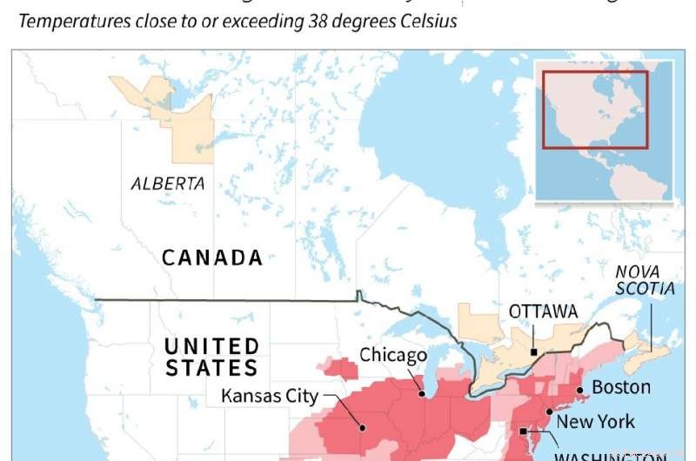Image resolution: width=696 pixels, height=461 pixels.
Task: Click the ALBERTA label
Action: [168, 184]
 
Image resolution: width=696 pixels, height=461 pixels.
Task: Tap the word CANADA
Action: [212, 257]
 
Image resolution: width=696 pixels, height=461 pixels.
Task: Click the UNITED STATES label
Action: [211, 357]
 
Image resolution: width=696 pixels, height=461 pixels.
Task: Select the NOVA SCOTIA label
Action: [645, 279]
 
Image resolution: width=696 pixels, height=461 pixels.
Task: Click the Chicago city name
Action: [394, 355]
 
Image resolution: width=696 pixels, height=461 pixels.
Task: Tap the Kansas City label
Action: [270, 396]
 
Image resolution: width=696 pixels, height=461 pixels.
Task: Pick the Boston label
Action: [620, 387]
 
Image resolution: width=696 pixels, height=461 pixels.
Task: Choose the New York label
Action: [595, 422]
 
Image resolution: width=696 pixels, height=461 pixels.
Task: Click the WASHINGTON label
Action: [609, 453]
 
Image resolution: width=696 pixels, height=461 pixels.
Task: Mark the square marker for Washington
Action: [523, 431]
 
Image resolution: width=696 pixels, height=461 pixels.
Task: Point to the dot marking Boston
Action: [579, 389]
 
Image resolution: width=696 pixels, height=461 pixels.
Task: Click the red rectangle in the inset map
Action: [595, 110]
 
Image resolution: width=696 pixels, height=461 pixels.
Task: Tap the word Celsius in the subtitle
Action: [427, 21]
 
